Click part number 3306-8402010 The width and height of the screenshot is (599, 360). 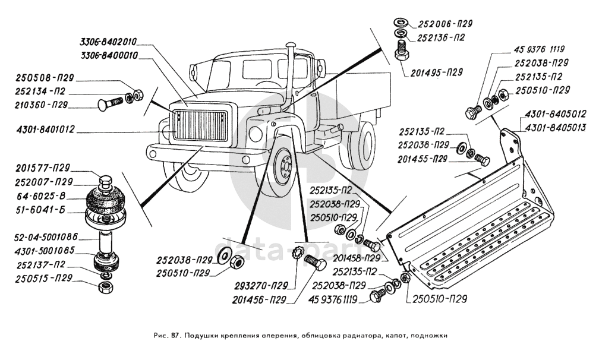click(109, 42)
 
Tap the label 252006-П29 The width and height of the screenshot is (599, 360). click(444, 24)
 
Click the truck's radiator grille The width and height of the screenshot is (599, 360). click(200, 126)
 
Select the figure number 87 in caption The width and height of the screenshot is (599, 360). click(174, 336)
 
